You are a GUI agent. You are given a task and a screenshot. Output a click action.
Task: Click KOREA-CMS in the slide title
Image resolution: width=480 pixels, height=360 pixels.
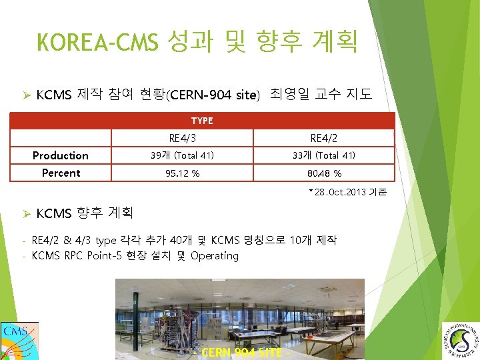point(97,43)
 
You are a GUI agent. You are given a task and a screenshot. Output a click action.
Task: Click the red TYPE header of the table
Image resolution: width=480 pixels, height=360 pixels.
point(202,121)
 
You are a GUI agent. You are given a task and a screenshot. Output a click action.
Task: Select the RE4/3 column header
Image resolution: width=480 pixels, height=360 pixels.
point(182,138)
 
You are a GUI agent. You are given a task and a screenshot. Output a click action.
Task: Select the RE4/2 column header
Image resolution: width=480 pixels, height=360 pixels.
point(323,138)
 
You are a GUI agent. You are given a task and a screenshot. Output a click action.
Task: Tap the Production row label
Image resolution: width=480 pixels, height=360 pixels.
point(61,155)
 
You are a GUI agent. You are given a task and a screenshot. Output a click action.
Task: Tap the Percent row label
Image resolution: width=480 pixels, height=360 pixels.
point(61,173)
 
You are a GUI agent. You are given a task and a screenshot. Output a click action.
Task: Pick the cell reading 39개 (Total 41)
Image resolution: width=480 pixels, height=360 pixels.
point(182,155)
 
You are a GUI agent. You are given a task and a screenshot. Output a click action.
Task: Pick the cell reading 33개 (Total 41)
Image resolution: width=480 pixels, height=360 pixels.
point(323,155)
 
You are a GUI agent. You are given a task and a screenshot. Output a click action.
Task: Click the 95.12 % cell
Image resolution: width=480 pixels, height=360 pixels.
point(182,173)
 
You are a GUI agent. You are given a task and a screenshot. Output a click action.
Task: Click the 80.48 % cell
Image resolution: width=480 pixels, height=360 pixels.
point(323,173)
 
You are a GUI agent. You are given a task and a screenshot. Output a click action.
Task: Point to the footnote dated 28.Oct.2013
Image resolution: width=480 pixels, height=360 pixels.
point(347,193)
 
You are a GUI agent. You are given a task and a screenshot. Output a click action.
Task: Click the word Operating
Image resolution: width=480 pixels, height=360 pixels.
point(215,255)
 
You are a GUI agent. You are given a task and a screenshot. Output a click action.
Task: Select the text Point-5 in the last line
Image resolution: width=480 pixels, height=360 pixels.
point(107,255)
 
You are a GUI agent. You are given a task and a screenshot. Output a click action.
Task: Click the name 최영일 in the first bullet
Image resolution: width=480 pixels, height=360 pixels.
point(290,94)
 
